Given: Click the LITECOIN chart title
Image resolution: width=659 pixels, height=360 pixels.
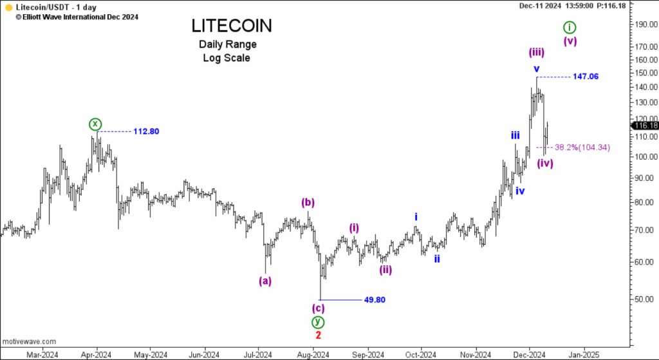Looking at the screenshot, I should (232, 26).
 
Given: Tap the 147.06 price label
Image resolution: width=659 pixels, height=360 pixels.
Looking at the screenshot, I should (585, 76).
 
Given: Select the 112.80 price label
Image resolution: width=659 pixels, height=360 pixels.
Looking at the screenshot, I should (146, 131).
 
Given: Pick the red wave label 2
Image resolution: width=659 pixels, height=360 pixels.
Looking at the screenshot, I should (318, 335).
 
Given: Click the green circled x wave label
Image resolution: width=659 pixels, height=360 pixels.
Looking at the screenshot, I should (95, 124).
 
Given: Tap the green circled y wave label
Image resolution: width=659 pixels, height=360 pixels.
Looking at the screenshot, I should (317, 321).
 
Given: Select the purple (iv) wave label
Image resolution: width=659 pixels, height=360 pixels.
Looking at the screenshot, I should (545, 163).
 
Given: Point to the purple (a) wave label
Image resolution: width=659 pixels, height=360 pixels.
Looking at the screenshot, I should (265, 281).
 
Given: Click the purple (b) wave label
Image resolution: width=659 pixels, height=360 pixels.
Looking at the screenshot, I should (308, 203).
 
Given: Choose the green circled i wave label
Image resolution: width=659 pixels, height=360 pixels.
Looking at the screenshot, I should (570, 27).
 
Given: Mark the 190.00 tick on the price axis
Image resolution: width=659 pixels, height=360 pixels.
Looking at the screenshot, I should (644, 24).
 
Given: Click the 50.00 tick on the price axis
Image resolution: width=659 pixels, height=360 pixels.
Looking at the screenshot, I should (643, 299).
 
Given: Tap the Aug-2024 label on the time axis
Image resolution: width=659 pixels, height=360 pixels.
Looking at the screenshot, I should (313, 353).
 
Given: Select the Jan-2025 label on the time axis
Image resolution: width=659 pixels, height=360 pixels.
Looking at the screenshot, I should (583, 353).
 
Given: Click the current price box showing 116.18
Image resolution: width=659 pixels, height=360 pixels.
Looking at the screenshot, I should (644, 126).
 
